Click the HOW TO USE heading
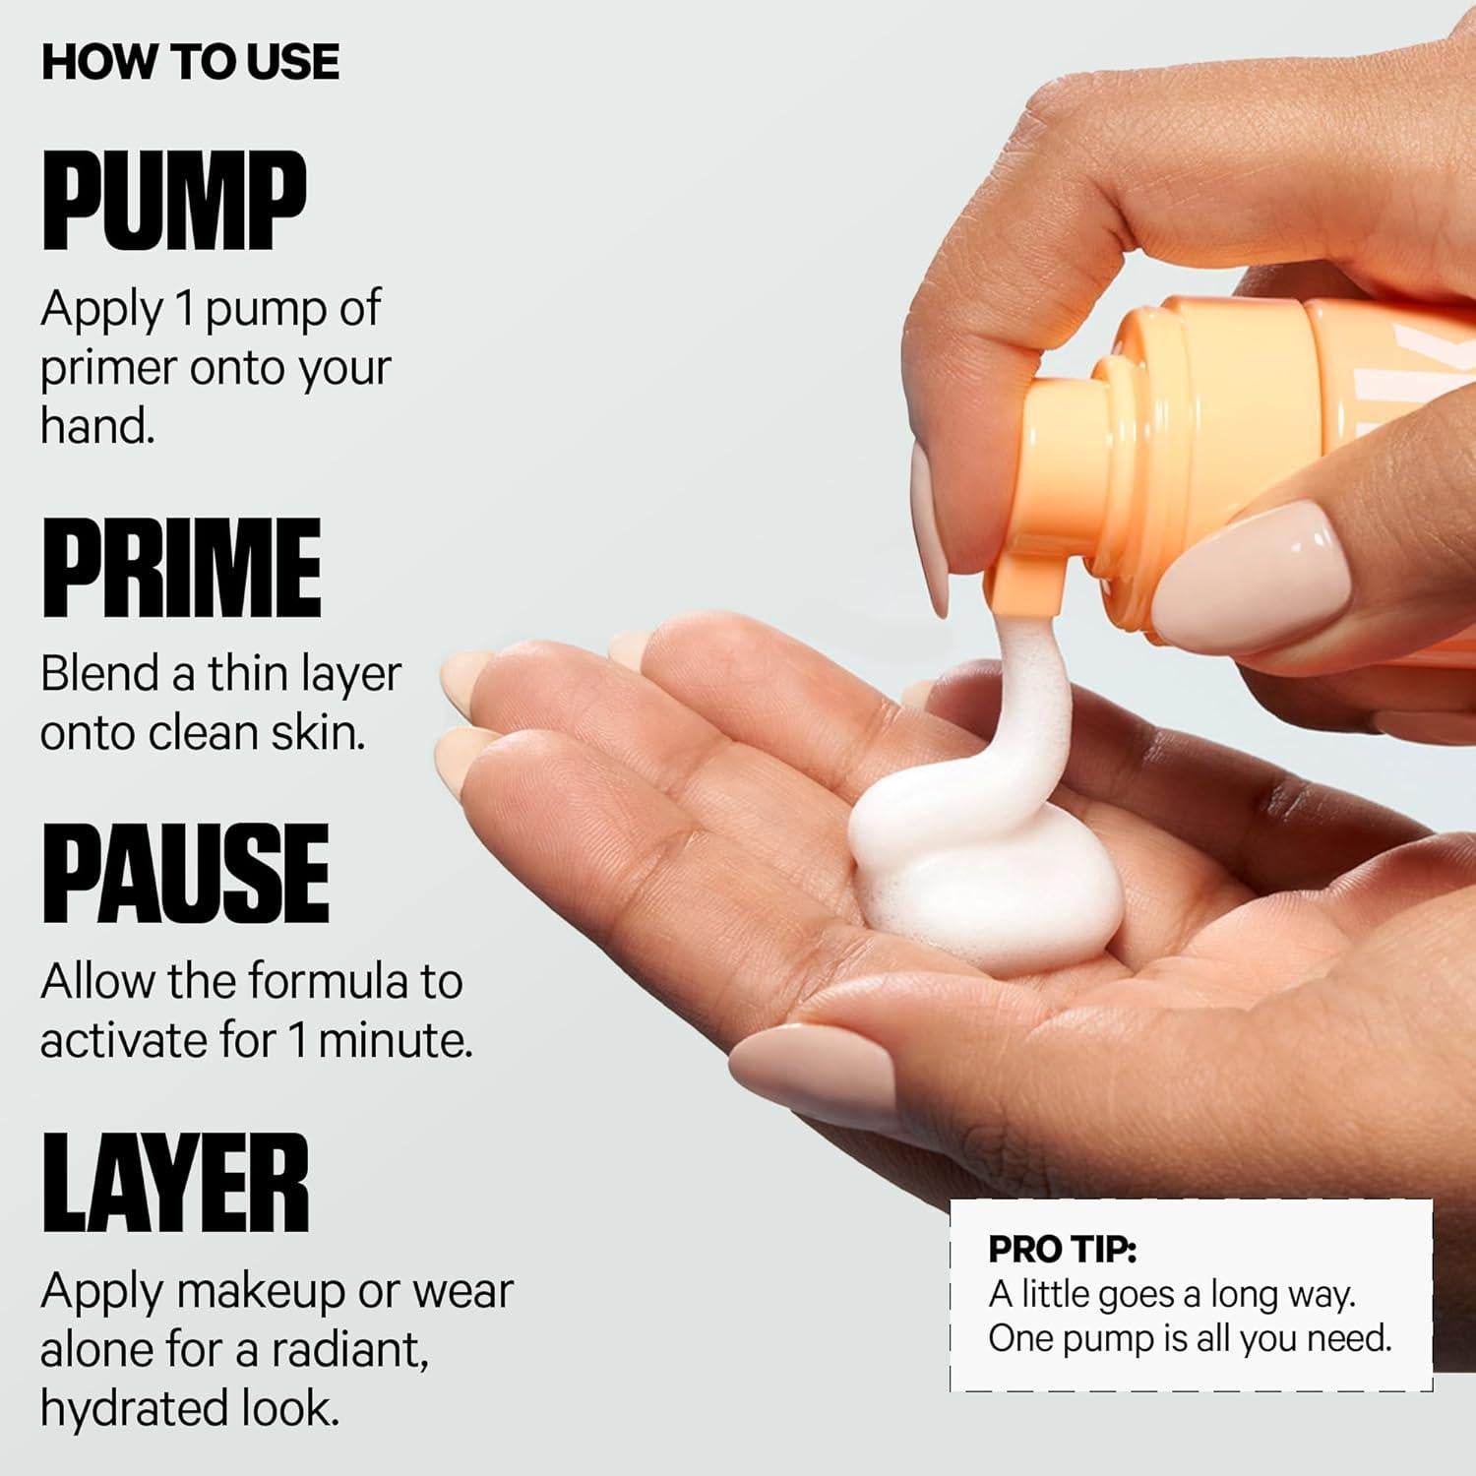[x=190, y=61]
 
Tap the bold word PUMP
[x=174, y=201]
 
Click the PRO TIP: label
[x=1062, y=1249]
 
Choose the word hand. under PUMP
[x=97, y=426]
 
